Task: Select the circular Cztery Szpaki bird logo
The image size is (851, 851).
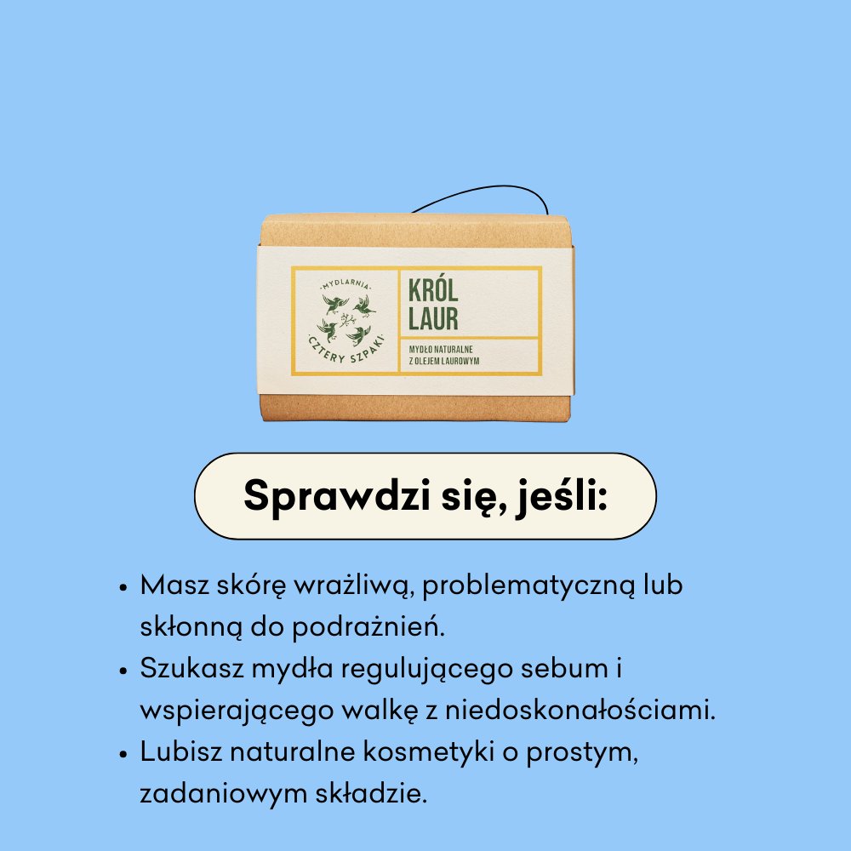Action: (x=346, y=319)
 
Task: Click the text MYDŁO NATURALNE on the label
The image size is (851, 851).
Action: (x=448, y=349)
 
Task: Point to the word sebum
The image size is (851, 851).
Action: (x=563, y=669)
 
